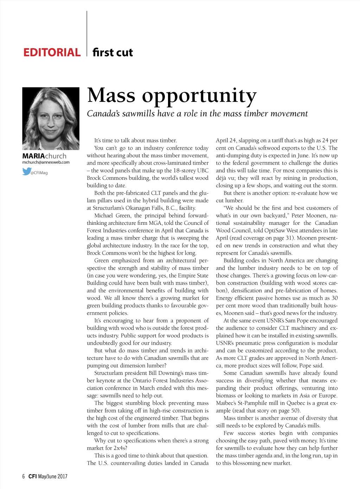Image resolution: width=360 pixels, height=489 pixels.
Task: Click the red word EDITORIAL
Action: click(52, 53)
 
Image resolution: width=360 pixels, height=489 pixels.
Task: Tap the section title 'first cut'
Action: click(112, 53)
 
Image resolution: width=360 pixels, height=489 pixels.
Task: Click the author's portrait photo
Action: click(51, 118)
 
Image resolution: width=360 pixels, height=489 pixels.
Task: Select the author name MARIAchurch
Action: click(44, 156)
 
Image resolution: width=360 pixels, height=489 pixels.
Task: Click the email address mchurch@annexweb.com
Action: click(46, 162)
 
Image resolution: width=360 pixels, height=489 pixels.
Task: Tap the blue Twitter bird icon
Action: click(26, 171)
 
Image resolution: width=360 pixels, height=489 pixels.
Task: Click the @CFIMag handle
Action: click(39, 173)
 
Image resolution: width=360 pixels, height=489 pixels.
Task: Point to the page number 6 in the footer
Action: click(23, 476)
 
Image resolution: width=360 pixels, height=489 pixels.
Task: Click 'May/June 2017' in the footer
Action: click(53, 476)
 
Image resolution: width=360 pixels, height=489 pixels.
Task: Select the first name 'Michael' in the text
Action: click(104, 215)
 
